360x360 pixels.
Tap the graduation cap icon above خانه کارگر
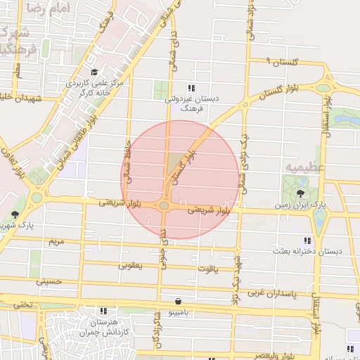pos(94,72)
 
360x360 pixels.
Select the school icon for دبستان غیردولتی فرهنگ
pos(191,88)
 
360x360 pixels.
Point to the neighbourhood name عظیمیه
pos(304,167)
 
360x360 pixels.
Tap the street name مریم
pos(56,241)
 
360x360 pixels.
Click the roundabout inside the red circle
pos(164,205)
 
